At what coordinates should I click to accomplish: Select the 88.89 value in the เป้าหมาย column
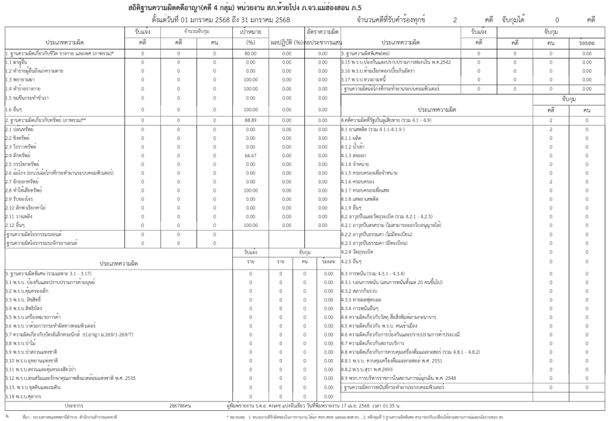pos(251,120)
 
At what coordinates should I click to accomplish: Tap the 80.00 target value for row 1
pos(251,54)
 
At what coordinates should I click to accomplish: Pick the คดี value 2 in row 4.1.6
pos(551,181)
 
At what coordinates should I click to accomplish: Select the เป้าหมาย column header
pos(251,30)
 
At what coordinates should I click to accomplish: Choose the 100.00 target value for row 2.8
pos(251,190)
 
